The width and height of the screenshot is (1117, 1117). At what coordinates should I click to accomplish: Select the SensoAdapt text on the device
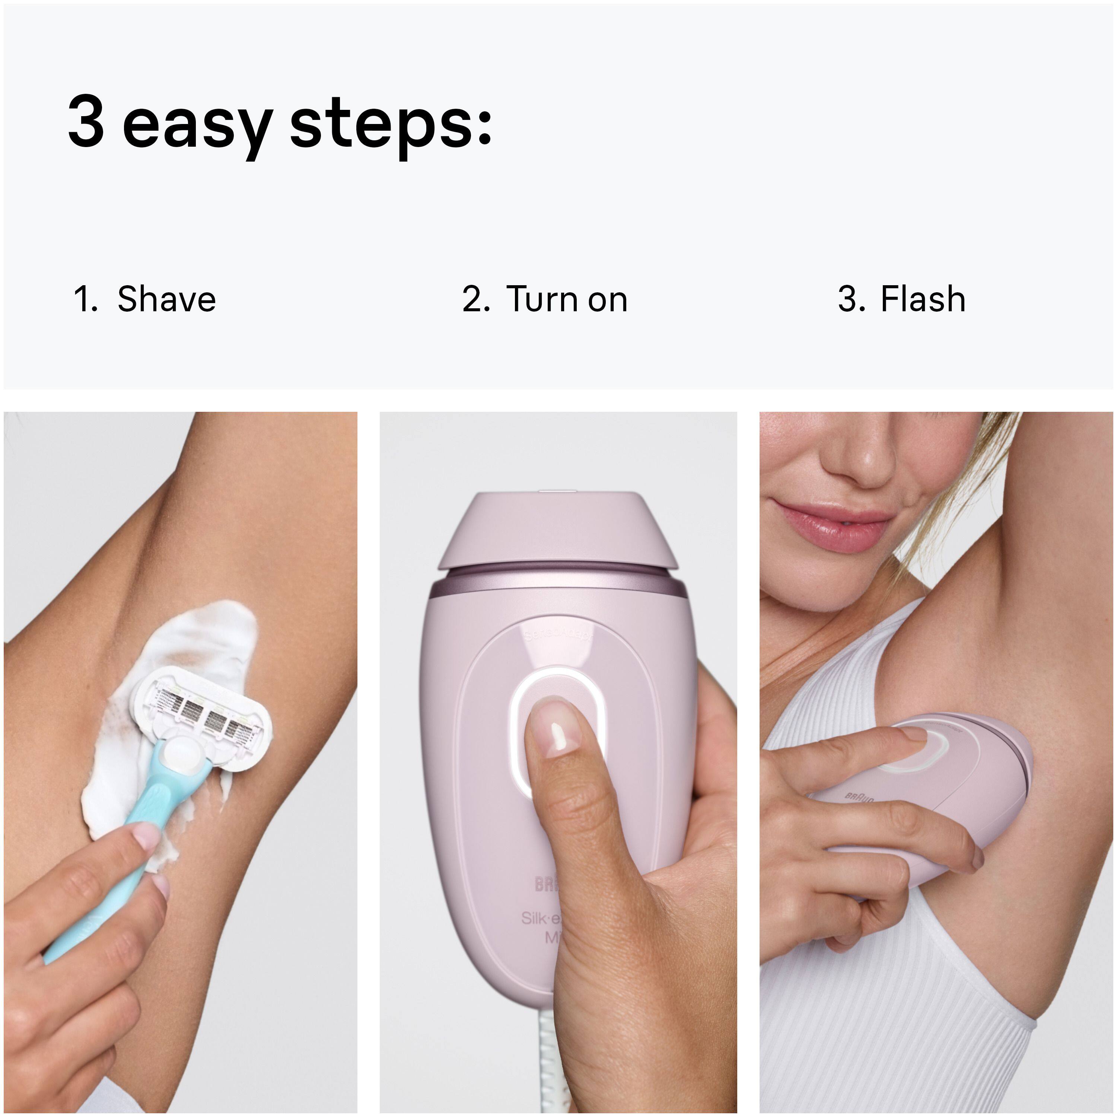point(558,636)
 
